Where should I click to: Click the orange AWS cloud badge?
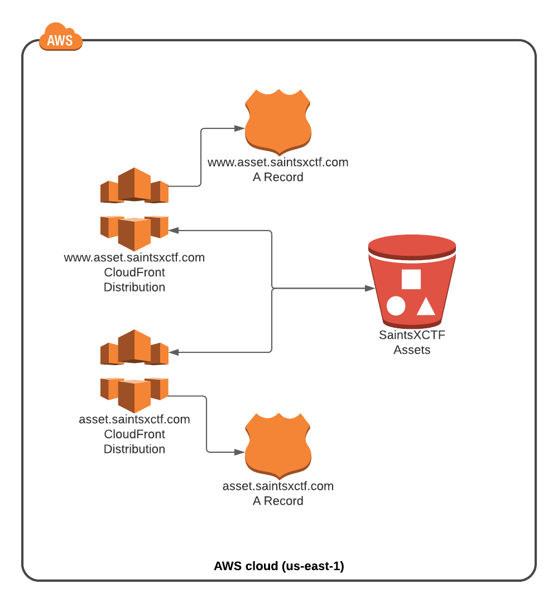tap(61, 37)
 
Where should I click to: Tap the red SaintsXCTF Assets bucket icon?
tap(412, 281)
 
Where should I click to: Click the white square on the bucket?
tap(411, 279)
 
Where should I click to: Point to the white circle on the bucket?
tap(396, 306)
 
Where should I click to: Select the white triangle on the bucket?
tap(426, 307)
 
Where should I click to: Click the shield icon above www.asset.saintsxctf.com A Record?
tap(278, 122)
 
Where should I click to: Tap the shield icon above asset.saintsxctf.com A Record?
tap(278, 446)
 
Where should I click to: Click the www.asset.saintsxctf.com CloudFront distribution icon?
tap(134, 209)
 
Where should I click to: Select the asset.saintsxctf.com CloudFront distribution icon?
tap(134, 371)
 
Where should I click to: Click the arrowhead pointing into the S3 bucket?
tap(370, 288)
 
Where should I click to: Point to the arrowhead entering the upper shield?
tap(239, 128)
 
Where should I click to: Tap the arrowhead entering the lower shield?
tap(239, 452)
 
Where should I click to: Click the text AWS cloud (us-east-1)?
tap(279, 566)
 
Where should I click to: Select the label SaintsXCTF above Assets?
tap(412, 335)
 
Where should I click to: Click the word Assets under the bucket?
tap(412, 350)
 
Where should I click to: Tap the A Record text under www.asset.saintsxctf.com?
tap(278, 177)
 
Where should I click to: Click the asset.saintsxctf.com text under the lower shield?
tap(278, 486)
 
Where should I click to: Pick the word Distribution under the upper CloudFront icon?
tap(134, 288)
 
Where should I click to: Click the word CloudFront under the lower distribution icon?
tap(134, 434)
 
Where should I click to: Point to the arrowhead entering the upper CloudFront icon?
tap(174, 231)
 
